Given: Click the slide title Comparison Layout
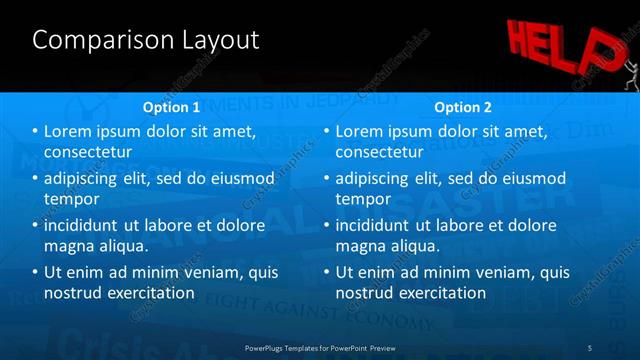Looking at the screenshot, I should (x=145, y=40).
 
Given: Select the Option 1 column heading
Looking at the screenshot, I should (x=172, y=107).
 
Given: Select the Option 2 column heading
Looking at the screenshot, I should (x=463, y=107).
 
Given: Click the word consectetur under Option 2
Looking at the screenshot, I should (x=379, y=152).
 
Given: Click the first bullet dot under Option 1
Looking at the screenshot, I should (x=36, y=132).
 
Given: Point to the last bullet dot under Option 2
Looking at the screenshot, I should (x=327, y=272).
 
